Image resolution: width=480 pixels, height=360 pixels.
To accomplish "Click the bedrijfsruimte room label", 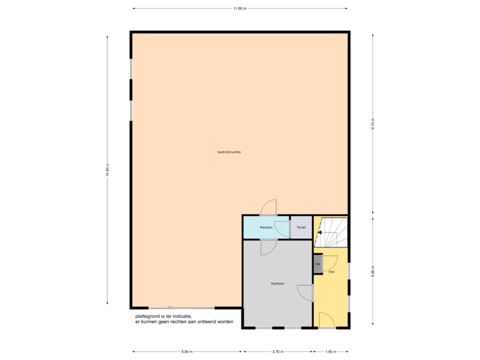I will pyautogui.click(x=229, y=152).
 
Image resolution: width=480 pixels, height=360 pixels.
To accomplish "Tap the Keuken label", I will pyautogui.click(x=265, y=227).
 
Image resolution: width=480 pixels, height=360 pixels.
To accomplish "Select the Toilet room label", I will pyautogui.click(x=301, y=227).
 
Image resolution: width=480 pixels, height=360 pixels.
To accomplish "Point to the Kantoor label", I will pyautogui.click(x=278, y=284).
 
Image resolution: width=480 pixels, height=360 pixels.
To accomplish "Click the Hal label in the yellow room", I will pyautogui.click(x=331, y=272).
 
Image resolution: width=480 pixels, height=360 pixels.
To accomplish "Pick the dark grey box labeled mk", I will pyautogui.click(x=317, y=264).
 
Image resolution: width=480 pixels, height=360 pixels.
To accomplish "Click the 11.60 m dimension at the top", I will pyautogui.click(x=239, y=9).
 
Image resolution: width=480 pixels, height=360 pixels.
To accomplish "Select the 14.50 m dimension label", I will pyautogui.click(x=107, y=171).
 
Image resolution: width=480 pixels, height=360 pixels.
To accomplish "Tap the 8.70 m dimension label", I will pyautogui.click(x=373, y=124).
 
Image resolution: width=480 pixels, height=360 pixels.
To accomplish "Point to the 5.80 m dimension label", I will pyautogui.click(x=373, y=272).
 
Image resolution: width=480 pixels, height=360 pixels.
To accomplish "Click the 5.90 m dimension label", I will pyautogui.click(x=187, y=351).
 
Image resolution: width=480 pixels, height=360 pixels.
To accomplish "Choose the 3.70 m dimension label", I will pyautogui.click(x=278, y=351).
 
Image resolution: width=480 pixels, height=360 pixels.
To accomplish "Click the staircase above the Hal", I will pyautogui.click(x=331, y=233).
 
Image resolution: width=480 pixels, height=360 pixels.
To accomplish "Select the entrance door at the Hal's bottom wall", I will pyautogui.click(x=327, y=320).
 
